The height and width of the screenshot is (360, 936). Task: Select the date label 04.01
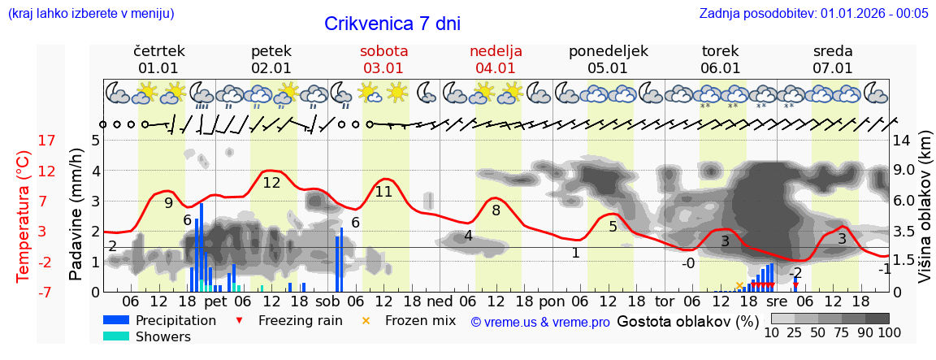496,68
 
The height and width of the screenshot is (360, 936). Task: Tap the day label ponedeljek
608,50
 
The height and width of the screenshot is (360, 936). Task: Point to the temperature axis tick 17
24,141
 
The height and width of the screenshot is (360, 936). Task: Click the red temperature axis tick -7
23,293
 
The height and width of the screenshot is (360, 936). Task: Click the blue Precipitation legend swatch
116,320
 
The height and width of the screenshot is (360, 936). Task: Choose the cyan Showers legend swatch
116,336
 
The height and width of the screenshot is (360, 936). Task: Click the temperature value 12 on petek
271,183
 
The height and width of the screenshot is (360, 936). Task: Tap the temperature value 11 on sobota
383,192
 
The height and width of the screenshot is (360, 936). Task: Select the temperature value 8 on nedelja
496,210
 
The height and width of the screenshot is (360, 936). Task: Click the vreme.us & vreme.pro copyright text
539,322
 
